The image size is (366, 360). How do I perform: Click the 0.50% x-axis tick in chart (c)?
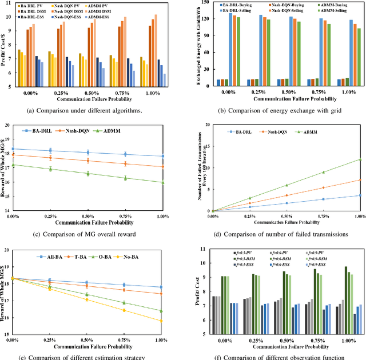(x=87, y=216)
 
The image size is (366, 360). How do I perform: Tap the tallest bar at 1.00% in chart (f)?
(x=345, y=267)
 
